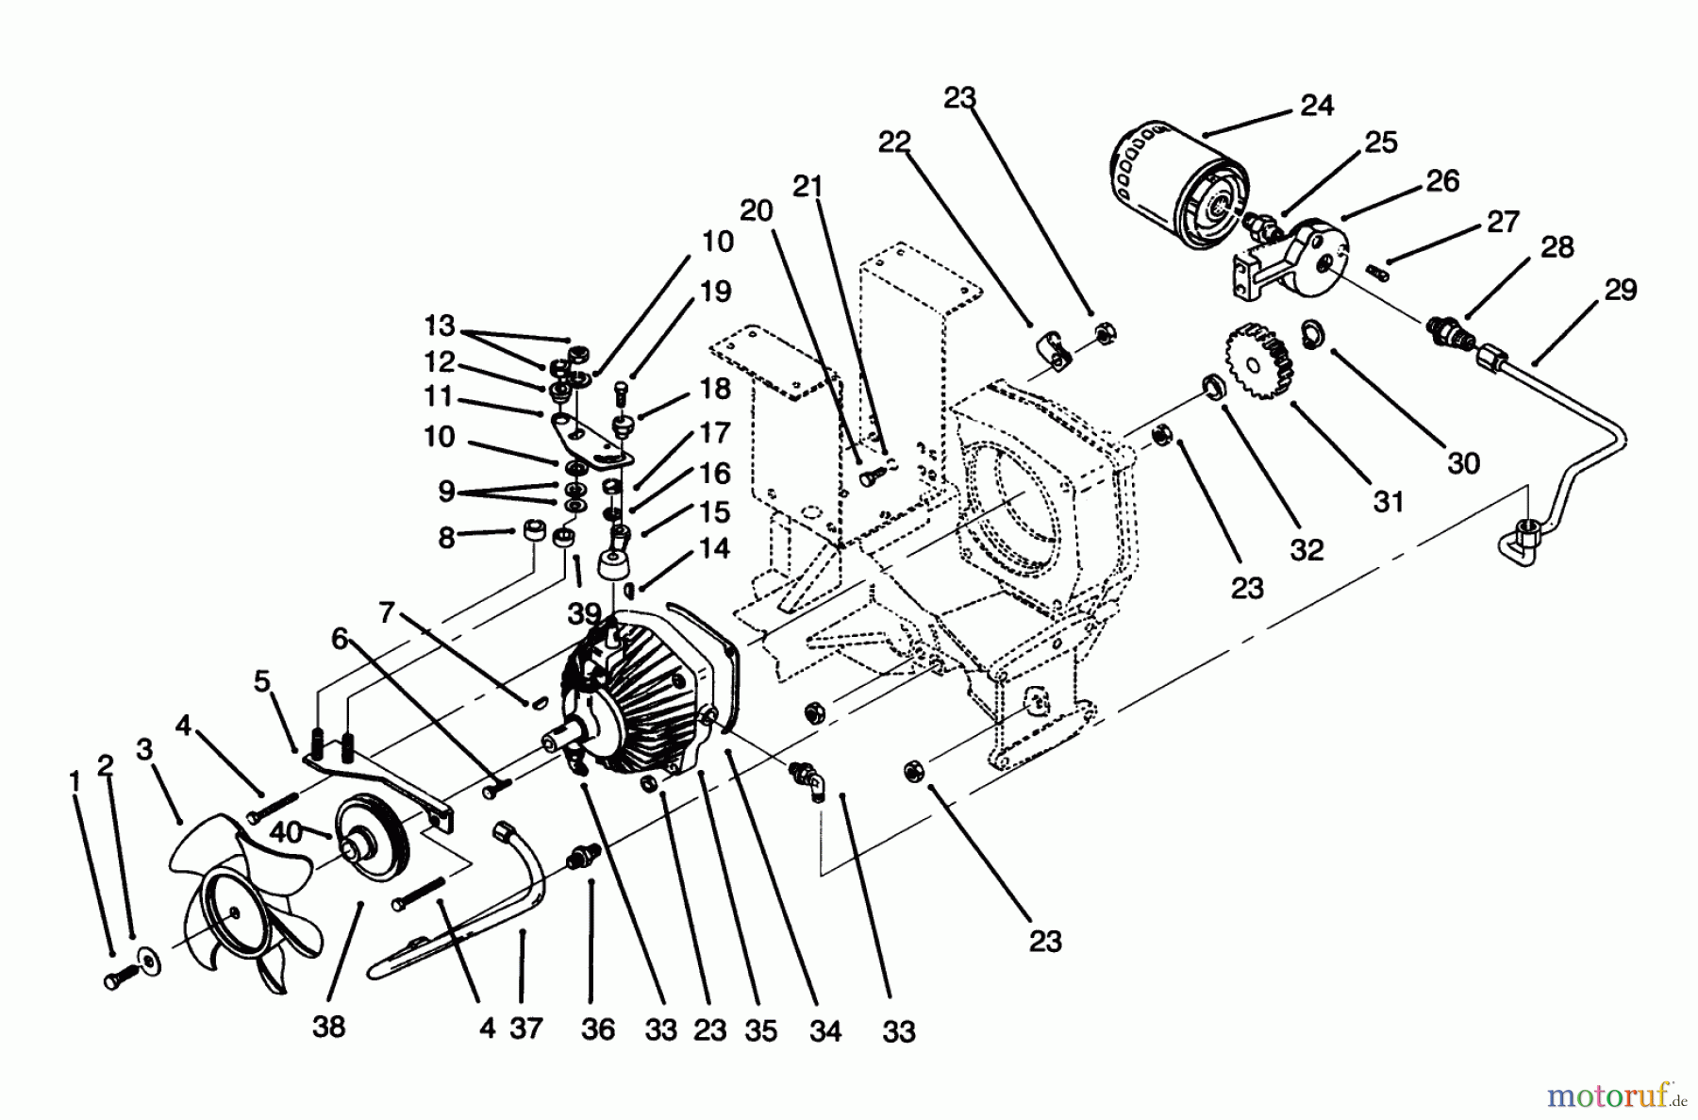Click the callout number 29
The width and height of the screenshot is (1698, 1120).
(x=1620, y=290)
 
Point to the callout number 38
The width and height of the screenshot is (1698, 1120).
(x=328, y=1026)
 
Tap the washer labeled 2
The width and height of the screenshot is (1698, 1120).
(x=148, y=960)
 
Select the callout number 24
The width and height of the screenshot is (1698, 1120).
(x=1317, y=106)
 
